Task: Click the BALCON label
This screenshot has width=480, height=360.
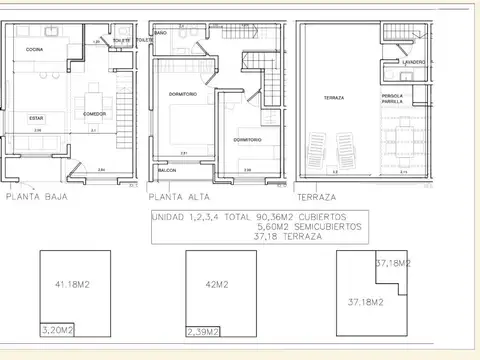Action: click(169, 170)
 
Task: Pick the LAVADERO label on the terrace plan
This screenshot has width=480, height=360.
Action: click(414, 62)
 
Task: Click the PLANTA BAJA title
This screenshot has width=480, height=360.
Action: click(38, 198)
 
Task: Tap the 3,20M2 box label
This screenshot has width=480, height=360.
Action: click(58, 327)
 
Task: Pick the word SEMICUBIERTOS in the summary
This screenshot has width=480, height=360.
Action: click(321, 227)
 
